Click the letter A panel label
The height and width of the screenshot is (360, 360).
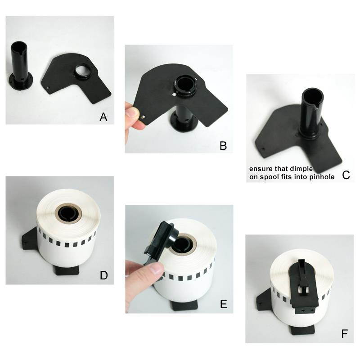(103, 117)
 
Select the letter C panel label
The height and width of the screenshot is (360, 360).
(346, 175)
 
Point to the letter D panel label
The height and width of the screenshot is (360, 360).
(103, 275)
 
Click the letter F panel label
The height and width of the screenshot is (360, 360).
(345, 333)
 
